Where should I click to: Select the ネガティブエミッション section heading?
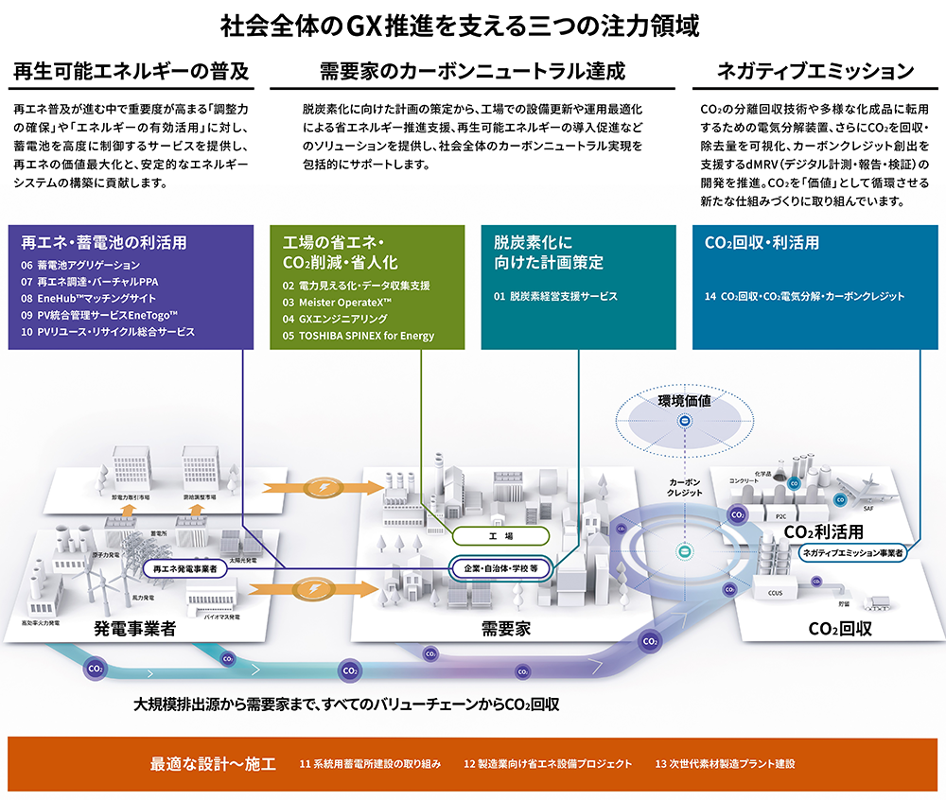click(x=815, y=71)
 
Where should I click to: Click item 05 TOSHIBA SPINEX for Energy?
click(x=359, y=336)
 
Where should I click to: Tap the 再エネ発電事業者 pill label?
click(x=185, y=568)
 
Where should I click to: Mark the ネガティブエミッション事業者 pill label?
click(x=851, y=551)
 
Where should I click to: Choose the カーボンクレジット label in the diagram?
click(x=685, y=487)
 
